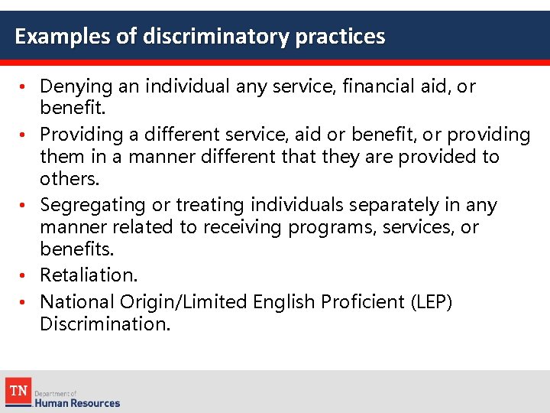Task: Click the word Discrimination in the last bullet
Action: coord(105,324)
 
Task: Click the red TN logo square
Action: coord(18,392)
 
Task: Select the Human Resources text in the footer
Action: coord(77,402)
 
